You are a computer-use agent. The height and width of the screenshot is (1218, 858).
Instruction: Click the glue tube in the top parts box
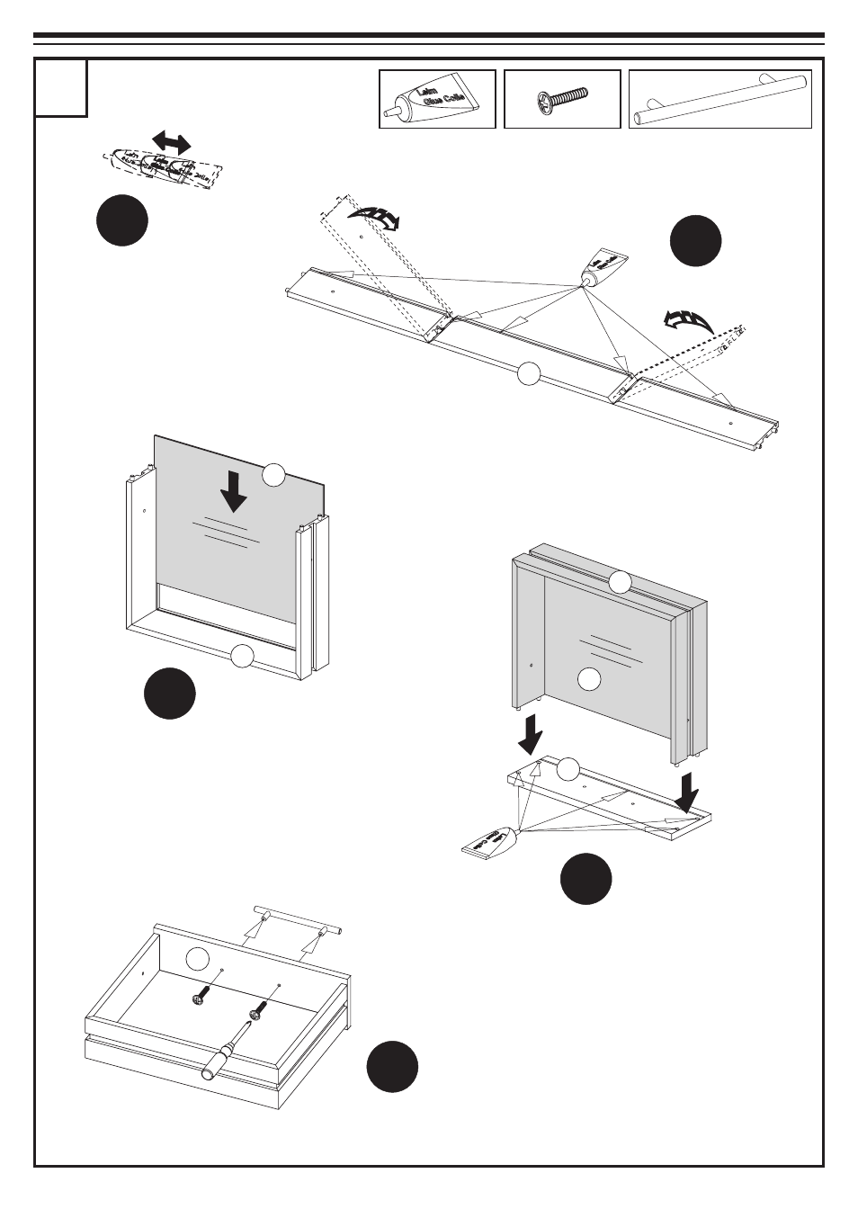pyautogui.click(x=437, y=100)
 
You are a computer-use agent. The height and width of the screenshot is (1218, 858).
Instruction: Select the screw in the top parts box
pyautogui.click(x=561, y=98)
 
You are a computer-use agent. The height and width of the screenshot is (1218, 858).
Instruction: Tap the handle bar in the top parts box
pyautogui.click(x=719, y=99)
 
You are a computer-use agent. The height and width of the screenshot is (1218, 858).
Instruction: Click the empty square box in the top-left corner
pyautogui.click(x=61, y=87)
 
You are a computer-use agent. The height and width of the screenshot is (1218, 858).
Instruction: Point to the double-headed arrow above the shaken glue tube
pyautogui.click(x=171, y=141)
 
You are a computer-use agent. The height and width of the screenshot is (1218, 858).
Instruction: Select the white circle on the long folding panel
pyautogui.click(x=529, y=373)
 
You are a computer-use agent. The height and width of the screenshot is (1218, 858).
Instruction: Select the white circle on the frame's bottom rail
pyautogui.click(x=242, y=657)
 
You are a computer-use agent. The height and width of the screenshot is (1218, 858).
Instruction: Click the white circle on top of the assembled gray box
pyautogui.click(x=620, y=582)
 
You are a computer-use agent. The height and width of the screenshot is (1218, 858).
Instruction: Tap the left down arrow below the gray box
pyautogui.click(x=532, y=733)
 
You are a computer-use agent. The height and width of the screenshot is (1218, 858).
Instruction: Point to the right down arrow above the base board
pyautogui.click(x=688, y=792)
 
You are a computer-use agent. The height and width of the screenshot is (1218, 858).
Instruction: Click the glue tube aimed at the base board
pyautogui.click(x=490, y=841)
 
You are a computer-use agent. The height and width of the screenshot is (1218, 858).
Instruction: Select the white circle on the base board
pyautogui.click(x=568, y=768)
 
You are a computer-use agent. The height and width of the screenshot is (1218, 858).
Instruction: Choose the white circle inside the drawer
pyautogui.click(x=199, y=959)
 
